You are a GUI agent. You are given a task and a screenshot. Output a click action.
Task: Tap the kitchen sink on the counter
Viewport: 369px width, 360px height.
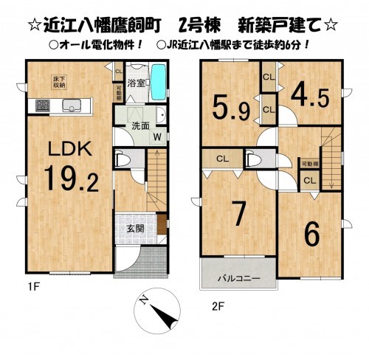click(x=71, y=104)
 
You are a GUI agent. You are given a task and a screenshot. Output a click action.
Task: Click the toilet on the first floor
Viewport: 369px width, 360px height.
click(x=123, y=160)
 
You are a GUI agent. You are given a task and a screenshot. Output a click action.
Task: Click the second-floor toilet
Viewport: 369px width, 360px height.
click(x=257, y=159)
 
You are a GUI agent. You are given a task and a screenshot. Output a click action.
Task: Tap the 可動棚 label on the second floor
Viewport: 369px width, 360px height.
click(x=309, y=164)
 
